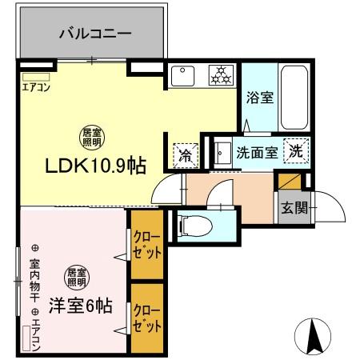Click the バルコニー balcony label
click(94, 34)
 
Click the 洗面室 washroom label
click(256, 152)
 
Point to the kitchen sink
click(182, 75)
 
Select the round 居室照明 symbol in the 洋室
click(78, 276)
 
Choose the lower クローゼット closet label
click(145, 318)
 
